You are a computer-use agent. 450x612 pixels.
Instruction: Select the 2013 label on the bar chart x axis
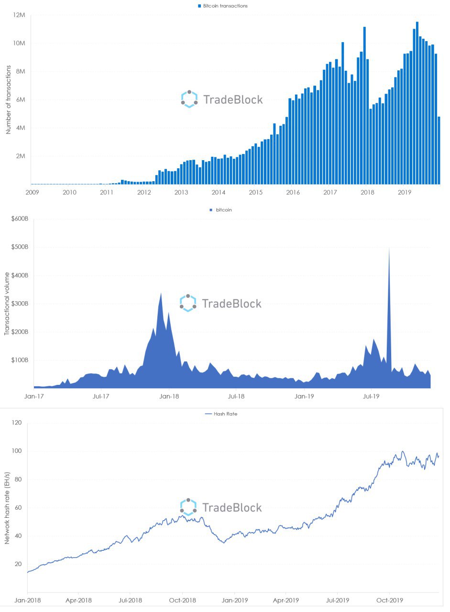(x=181, y=192)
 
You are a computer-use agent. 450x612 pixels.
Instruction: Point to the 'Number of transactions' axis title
(x=8, y=100)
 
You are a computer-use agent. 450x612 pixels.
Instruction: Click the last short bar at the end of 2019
(x=439, y=150)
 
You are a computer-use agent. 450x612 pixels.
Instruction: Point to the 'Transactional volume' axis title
(x=7, y=304)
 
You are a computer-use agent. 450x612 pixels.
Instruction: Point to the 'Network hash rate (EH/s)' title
(x=7, y=507)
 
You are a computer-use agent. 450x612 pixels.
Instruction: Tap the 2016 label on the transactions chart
(x=293, y=192)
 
